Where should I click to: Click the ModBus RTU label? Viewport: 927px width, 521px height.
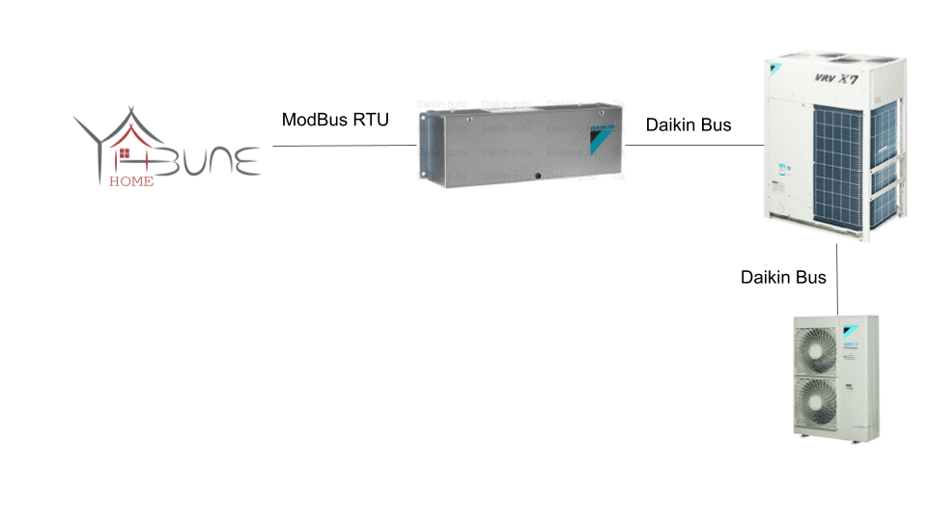click(335, 120)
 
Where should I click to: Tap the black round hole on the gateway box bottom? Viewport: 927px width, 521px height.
click(538, 177)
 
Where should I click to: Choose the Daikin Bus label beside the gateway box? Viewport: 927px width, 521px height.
click(688, 124)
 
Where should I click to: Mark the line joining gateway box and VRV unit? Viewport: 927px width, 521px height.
click(695, 146)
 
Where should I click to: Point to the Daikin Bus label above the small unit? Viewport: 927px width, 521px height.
click(783, 277)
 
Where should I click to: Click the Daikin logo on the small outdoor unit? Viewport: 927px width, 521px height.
click(853, 323)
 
